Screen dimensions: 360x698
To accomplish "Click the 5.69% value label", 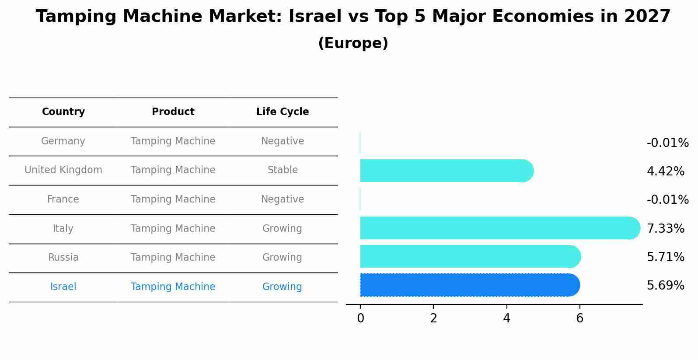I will tap(665, 286).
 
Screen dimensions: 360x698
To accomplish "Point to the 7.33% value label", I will tap(665, 228).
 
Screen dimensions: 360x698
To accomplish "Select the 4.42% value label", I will tap(665, 171).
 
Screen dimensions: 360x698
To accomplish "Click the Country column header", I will tap(63, 112).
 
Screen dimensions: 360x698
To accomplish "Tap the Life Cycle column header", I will tap(283, 112).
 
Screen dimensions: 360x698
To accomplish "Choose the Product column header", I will tap(173, 112).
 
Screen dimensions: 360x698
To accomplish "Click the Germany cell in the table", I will tap(63, 141).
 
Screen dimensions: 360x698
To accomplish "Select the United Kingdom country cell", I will tap(63, 170).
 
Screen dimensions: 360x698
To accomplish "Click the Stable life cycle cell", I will tap(283, 170).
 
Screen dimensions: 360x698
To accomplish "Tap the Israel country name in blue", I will tap(63, 287).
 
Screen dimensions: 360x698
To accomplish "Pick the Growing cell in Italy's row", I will tap(282, 229).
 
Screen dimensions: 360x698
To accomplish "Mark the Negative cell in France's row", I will tap(283, 199).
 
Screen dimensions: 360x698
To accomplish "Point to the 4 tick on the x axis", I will tap(506, 318).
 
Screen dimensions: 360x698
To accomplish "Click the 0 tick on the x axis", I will tap(360, 318).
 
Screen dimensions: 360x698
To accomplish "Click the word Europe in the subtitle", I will tap(353, 43).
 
